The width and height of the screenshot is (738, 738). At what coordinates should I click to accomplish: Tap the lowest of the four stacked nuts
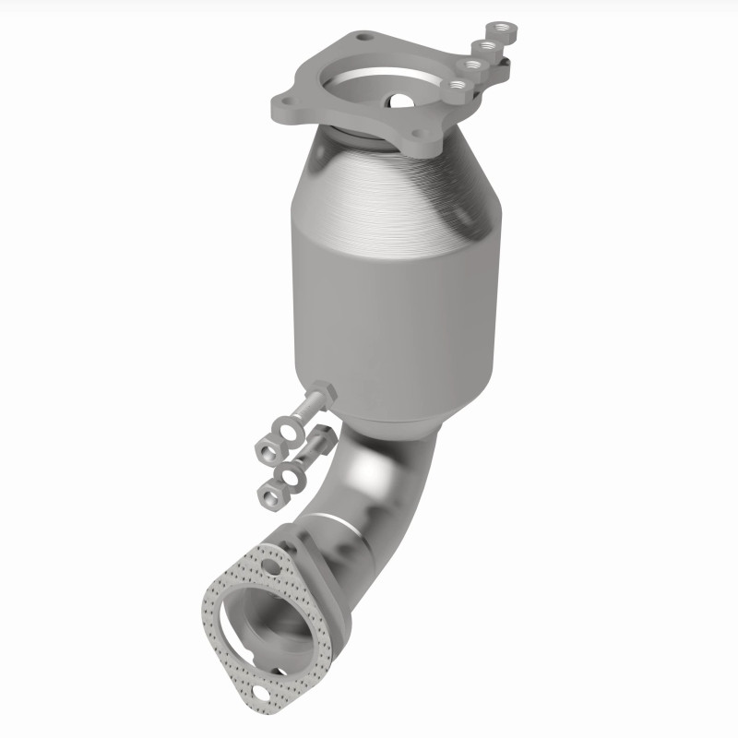[x=457, y=87]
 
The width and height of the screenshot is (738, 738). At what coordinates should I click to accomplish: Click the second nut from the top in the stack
[x=487, y=46]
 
